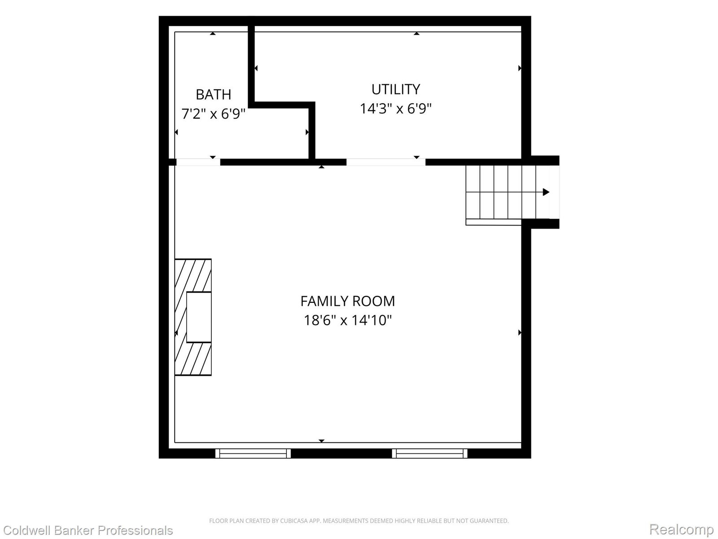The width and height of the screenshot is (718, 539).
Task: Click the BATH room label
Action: [x=213, y=95]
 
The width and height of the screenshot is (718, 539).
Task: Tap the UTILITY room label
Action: [x=395, y=89]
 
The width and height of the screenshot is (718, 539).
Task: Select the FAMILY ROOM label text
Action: [x=347, y=301]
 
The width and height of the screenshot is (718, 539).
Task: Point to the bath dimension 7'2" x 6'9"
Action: [x=213, y=114]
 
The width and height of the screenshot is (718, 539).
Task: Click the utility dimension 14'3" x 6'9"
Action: [x=395, y=108]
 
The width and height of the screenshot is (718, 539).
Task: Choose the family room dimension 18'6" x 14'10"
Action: [x=347, y=320]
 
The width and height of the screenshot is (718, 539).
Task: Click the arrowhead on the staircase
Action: [x=546, y=192]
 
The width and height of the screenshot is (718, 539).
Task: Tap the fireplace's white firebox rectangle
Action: [x=199, y=317]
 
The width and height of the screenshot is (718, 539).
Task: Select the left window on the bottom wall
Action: [x=253, y=453]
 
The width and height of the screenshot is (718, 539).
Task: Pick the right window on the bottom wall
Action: [x=429, y=453]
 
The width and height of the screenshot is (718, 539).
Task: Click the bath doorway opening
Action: [x=198, y=162]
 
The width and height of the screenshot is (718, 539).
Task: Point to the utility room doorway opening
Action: [x=386, y=162]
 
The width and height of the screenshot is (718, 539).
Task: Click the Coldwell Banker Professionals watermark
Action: [x=88, y=530]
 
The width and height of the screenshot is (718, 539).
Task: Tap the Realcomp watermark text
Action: [x=681, y=529]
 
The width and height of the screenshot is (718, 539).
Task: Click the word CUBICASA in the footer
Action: [x=292, y=521]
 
